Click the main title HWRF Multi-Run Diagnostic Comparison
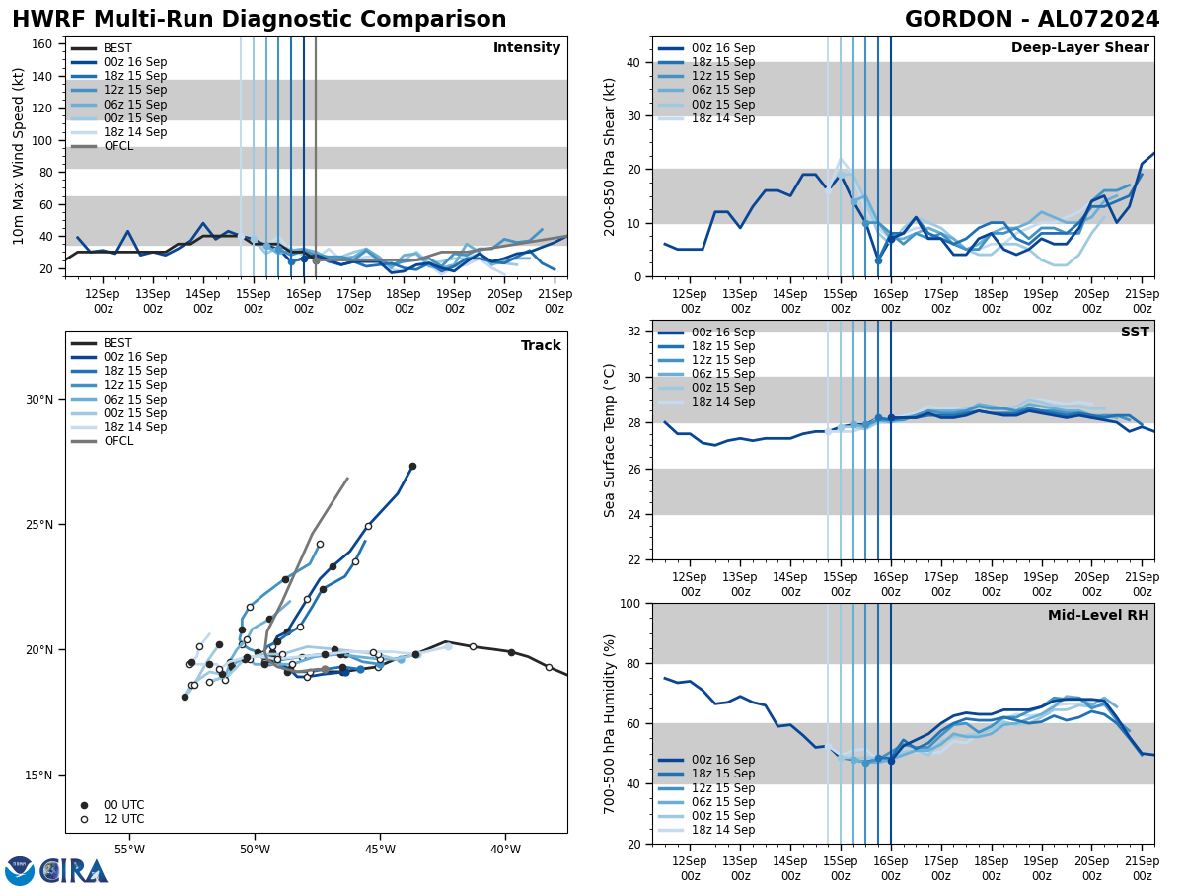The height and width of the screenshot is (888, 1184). tap(259, 20)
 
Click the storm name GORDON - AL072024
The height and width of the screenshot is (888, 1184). tap(1032, 20)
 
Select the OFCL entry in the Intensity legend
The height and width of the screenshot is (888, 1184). tap(118, 146)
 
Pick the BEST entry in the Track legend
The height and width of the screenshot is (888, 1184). tap(117, 343)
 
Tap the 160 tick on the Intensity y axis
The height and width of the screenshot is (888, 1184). tap(44, 43)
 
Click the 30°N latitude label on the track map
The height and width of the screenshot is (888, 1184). tap(39, 399)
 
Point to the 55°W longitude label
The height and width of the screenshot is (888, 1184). tap(129, 850)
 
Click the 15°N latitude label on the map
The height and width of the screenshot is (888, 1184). tap(39, 775)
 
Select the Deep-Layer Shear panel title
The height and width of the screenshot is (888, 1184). tap(1079, 48)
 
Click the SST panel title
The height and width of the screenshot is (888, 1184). tap(1135, 333)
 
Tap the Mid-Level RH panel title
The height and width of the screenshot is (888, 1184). tap(1098, 616)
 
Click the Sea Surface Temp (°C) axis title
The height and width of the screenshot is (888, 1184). tap(611, 439)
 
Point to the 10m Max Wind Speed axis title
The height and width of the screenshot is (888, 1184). tap(19, 156)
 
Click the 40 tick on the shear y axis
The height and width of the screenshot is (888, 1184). tap(631, 62)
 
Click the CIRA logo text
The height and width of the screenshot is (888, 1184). tap(74, 870)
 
